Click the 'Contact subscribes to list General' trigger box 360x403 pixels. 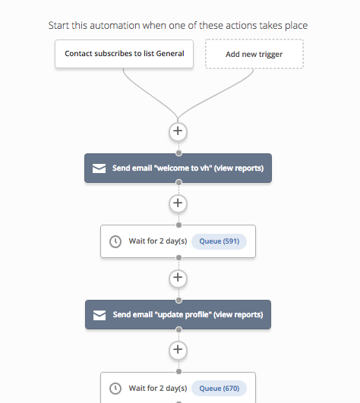click(x=124, y=54)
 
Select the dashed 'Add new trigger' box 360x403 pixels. click(x=254, y=54)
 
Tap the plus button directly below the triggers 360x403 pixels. click(x=178, y=131)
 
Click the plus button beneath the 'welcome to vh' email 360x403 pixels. click(x=178, y=203)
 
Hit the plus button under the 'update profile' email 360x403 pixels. click(x=178, y=350)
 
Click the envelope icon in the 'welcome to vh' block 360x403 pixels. click(x=99, y=168)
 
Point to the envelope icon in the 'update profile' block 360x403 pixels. click(x=99, y=315)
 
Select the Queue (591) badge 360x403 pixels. click(x=219, y=241)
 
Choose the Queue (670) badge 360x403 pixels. click(x=219, y=388)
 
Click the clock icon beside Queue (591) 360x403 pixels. click(x=115, y=241)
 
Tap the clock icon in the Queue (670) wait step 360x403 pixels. click(x=115, y=389)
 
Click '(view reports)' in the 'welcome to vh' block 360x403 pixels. click(x=239, y=168)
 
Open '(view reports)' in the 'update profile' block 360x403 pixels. click(x=238, y=315)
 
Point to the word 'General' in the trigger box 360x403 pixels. click(x=170, y=53)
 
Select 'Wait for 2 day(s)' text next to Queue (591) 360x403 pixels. click(x=158, y=241)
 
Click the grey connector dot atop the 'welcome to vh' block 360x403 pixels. click(x=178, y=153)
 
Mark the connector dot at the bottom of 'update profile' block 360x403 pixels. click(x=178, y=329)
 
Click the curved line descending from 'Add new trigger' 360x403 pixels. click(x=216, y=94)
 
